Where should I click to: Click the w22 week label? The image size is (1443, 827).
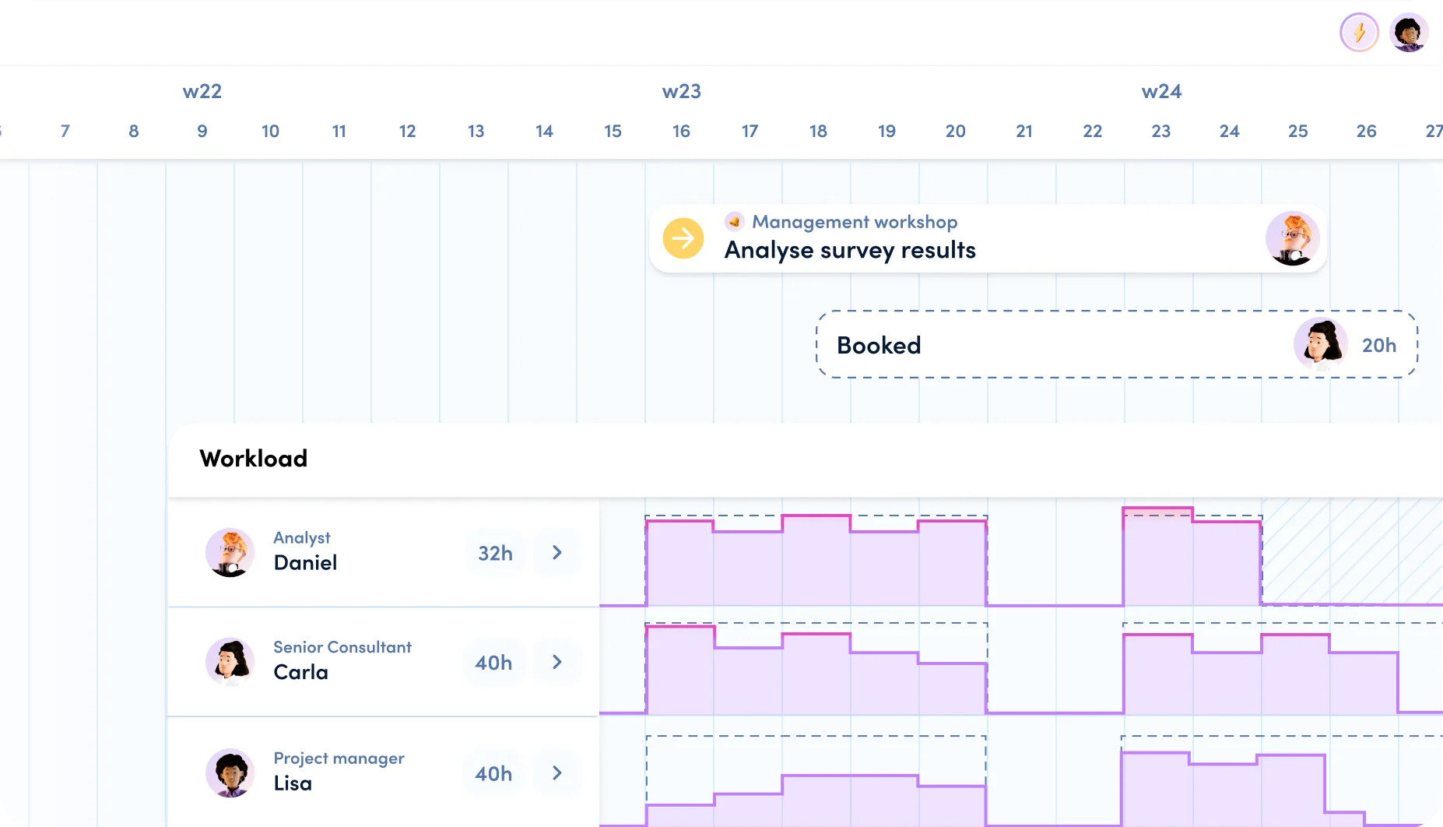coord(202,92)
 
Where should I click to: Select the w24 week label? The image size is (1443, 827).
coord(1161,92)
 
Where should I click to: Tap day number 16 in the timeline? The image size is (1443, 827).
coord(681,132)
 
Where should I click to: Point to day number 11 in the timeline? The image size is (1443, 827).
coord(339,132)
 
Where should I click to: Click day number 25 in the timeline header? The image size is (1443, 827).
coord(1297,132)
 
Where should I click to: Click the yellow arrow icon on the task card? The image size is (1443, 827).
coord(683,238)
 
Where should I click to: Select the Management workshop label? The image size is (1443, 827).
coord(854,222)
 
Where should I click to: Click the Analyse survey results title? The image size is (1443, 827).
coord(850,250)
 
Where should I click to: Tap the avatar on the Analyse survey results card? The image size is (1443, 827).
coord(1292,239)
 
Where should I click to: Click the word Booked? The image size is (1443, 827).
coord(879,345)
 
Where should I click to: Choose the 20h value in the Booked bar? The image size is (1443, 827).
coord(1378,345)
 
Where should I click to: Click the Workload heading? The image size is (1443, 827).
coord(253,459)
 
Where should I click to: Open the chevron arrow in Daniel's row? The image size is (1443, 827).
coord(557,553)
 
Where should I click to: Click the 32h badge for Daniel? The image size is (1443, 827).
coord(495,553)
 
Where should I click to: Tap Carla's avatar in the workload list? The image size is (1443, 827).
coord(230,662)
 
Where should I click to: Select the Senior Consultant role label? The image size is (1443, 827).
coord(342,647)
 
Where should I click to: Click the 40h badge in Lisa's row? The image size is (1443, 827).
coord(493,773)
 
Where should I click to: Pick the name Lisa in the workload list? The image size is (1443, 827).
coord(293,783)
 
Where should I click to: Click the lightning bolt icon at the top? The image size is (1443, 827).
coord(1359,33)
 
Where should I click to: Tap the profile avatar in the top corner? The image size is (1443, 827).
coord(1409,33)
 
